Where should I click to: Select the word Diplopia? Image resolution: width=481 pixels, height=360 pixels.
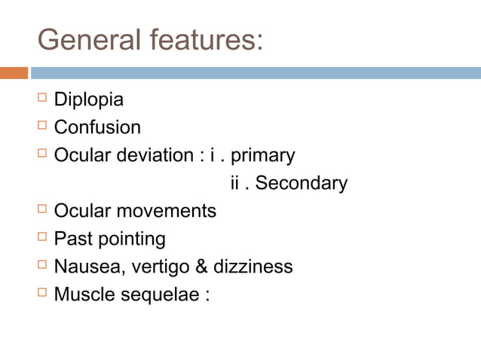click(x=89, y=100)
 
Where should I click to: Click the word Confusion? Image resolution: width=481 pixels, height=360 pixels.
click(x=97, y=127)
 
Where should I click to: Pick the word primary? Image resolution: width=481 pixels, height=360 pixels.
click(x=262, y=156)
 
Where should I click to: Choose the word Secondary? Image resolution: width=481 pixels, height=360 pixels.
click(x=302, y=183)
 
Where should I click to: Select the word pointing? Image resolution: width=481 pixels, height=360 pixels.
click(x=128, y=239)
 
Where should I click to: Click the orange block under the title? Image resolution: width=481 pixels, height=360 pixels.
click(x=14, y=73)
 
